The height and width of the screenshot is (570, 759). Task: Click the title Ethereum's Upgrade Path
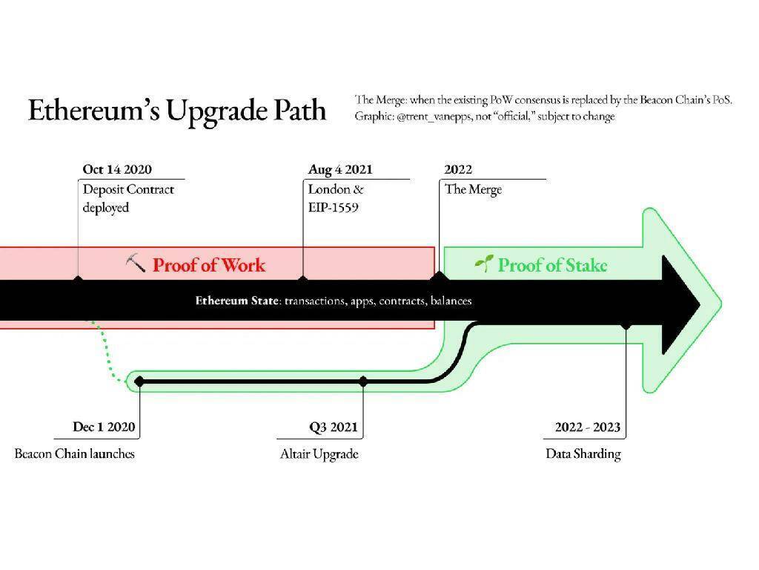tap(177, 110)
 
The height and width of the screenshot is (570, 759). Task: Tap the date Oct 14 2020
tap(117, 170)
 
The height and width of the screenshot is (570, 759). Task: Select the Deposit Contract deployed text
tap(127, 198)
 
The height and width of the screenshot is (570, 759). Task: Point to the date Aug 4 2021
tap(340, 170)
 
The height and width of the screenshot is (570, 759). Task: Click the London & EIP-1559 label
tap(336, 198)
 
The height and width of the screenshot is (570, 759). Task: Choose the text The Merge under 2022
tap(473, 189)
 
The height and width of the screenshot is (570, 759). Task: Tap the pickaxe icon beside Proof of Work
tap(135, 263)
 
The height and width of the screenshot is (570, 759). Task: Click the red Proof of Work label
tap(208, 265)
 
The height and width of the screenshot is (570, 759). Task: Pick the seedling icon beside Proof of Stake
tap(483, 263)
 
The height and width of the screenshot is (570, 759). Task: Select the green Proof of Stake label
tap(552, 265)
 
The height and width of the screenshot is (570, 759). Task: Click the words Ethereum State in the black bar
tap(236, 301)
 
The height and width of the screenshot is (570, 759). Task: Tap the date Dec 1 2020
tap(105, 427)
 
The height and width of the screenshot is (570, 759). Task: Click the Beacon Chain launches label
tap(75, 453)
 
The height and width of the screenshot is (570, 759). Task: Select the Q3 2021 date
tap(333, 427)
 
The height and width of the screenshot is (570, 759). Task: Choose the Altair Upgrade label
tap(319, 453)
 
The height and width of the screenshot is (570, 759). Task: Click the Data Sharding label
tap(583, 453)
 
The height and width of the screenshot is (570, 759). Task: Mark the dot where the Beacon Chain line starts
tap(139, 381)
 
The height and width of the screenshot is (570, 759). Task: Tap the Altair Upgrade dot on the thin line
tap(363, 381)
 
